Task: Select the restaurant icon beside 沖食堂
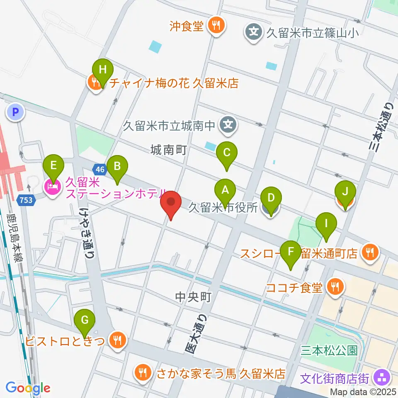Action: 216,27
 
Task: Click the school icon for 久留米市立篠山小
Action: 254,32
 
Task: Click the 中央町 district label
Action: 194,297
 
